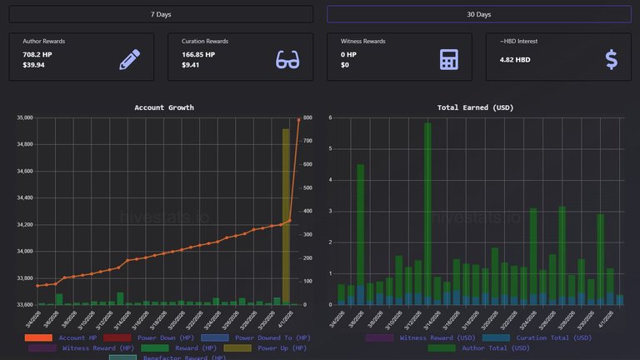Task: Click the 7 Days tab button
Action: pos(161,14)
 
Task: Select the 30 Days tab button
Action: pos(478,14)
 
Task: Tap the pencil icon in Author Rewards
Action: pos(129,59)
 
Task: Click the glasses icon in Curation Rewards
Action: pos(287,59)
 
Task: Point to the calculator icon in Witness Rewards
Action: pos(449,59)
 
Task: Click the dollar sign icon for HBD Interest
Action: pos(611,59)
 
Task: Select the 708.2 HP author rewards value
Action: pos(37,54)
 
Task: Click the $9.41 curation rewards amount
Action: pos(192,65)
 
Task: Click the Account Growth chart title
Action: pos(164,107)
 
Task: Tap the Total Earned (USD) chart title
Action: pos(475,107)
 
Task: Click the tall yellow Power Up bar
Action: pos(286,217)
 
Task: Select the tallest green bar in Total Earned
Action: pos(427,213)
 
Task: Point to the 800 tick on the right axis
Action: pos(307,118)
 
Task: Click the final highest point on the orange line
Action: pos(298,120)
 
